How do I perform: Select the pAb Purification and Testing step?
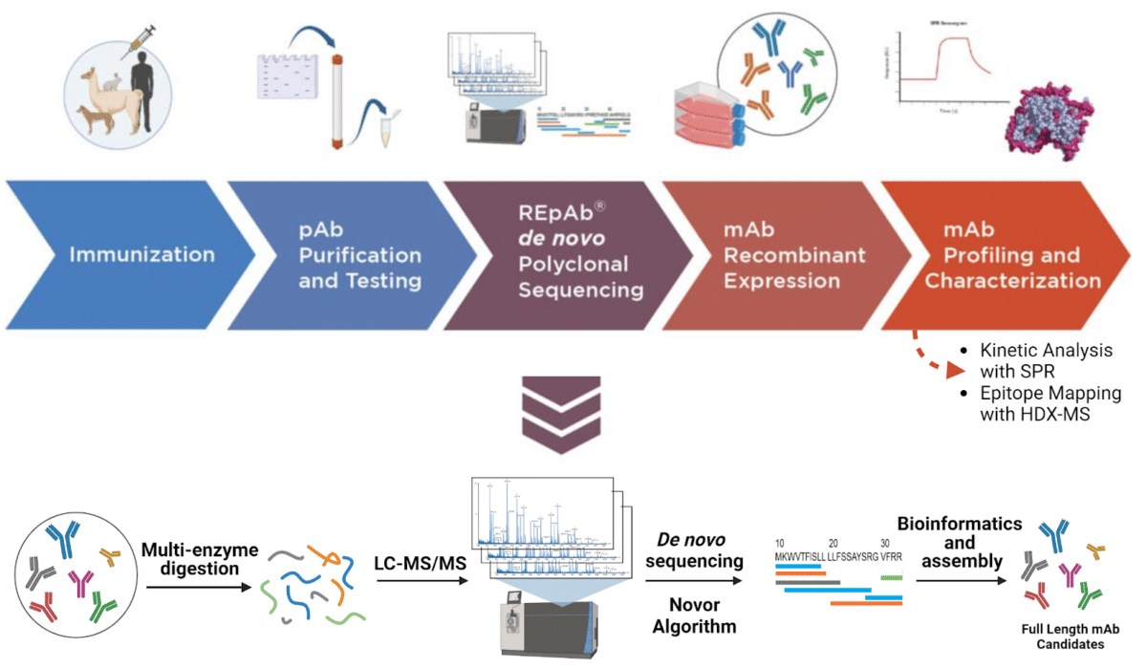point(359,255)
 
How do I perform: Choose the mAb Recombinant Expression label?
point(794,255)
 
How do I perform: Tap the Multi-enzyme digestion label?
point(190,560)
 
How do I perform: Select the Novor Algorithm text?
point(693,616)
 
